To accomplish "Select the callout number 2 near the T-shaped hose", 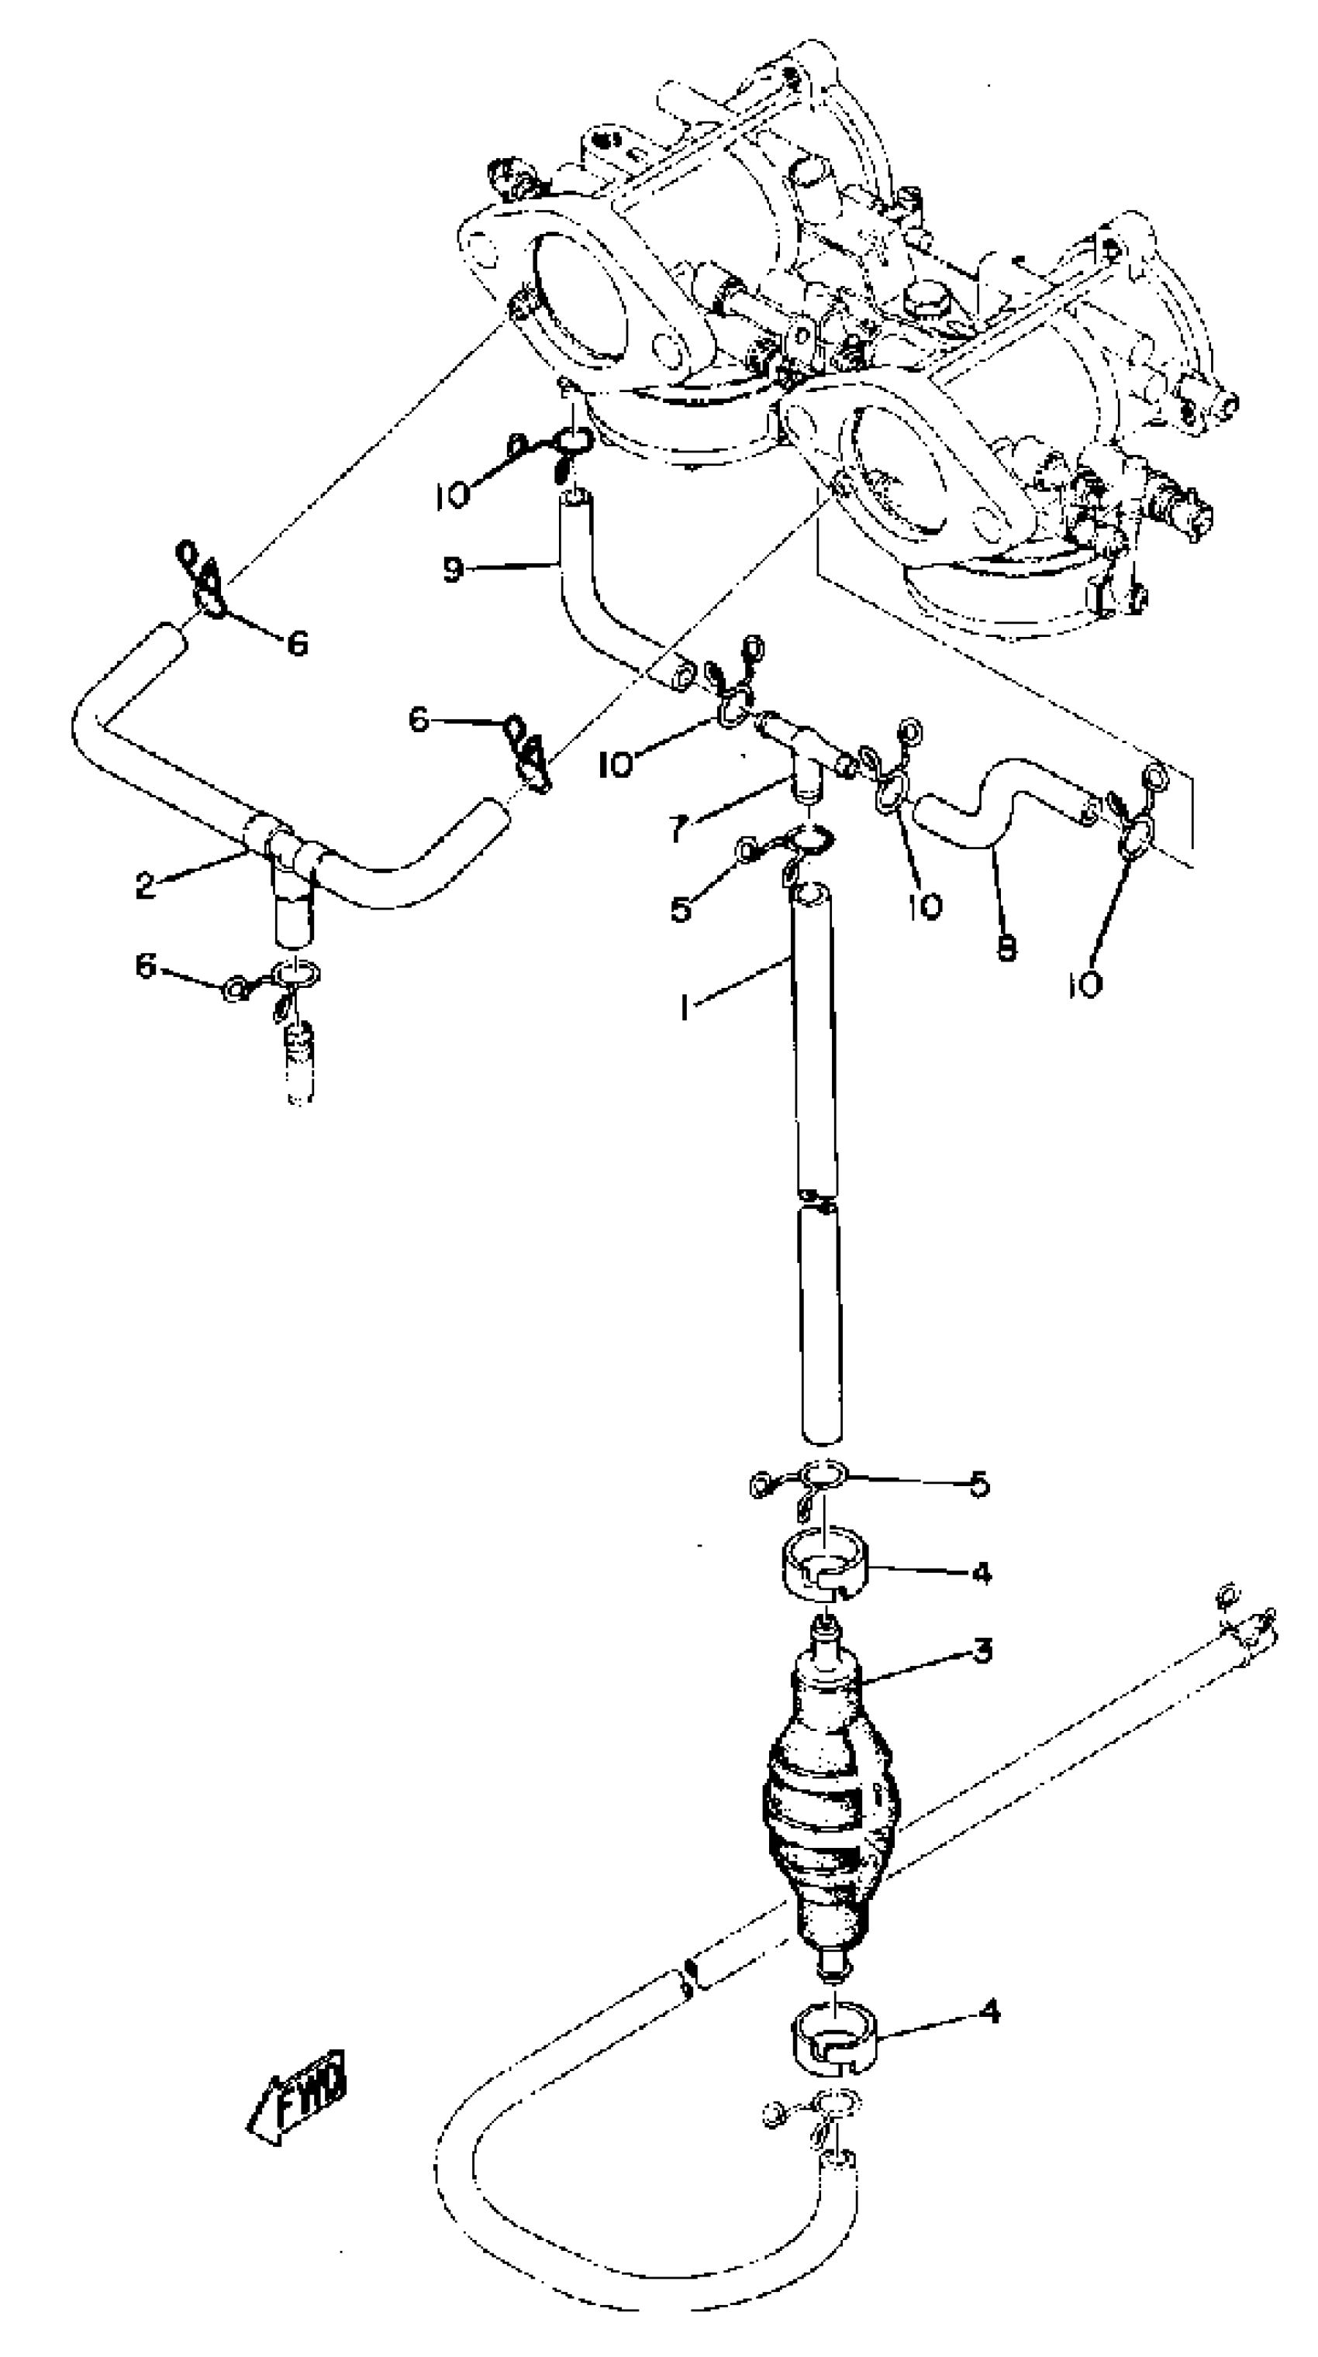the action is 145,885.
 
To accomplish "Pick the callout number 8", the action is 1006,950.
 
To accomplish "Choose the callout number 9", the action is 452,570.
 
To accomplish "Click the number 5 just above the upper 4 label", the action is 979,1484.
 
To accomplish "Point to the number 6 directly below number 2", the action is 147,966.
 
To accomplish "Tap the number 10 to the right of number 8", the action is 1084,985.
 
